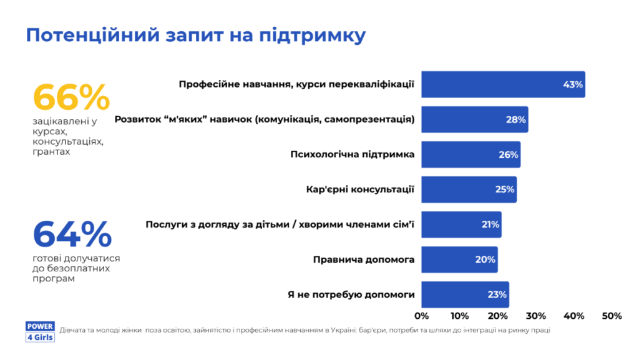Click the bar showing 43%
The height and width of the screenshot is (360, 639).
(x=502, y=84)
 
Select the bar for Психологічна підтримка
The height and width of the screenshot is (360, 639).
(x=470, y=154)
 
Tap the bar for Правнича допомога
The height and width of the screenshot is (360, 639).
(x=459, y=260)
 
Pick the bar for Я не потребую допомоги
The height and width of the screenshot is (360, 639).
(x=464, y=294)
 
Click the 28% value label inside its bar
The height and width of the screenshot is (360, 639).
(x=515, y=120)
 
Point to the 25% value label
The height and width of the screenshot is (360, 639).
(x=504, y=190)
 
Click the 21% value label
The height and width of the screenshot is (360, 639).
(x=490, y=225)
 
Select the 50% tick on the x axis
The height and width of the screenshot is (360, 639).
(x=612, y=316)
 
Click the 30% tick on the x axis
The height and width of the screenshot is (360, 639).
(x=536, y=316)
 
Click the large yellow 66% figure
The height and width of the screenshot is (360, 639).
(x=71, y=98)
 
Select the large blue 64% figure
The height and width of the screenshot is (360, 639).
(x=72, y=235)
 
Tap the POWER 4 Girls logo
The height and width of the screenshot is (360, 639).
(x=41, y=332)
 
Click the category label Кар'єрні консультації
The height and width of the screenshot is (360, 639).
(x=360, y=189)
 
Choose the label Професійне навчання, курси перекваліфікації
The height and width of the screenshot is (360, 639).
(x=296, y=84)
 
